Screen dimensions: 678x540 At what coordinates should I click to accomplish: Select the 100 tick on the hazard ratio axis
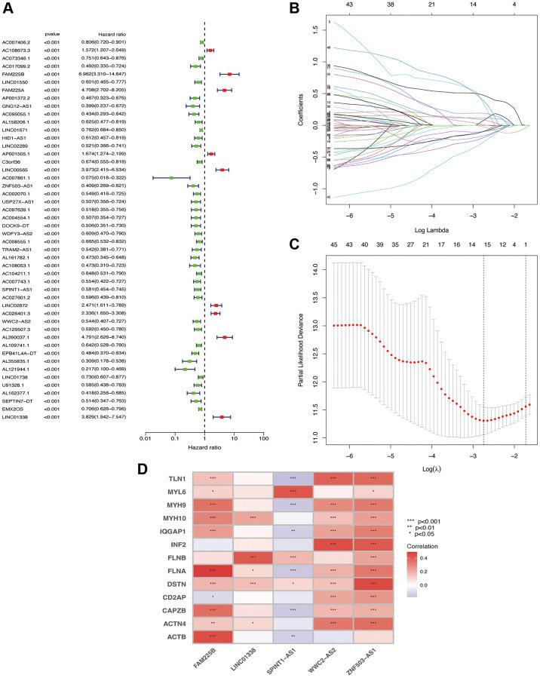click(263, 436)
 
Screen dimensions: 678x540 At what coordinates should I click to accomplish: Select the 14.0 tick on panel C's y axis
click(311, 268)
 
